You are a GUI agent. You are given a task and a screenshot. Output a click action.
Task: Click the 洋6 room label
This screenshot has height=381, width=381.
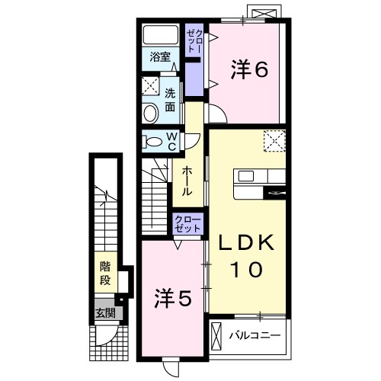pyautogui.click(x=248, y=70)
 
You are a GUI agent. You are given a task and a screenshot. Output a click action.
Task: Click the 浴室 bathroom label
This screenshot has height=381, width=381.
pyautogui.click(x=159, y=57)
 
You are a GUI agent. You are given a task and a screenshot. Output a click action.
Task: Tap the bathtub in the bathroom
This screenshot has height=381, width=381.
pyautogui.click(x=161, y=35)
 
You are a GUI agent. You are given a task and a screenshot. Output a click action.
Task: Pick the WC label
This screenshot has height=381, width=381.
pyautogui.click(x=171, y=141)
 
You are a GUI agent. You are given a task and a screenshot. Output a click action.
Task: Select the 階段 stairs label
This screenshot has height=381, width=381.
pyautogui.click(x=106, y=274)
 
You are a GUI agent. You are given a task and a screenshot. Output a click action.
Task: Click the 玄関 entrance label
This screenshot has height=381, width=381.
pyautogui.click(x=105, y=312)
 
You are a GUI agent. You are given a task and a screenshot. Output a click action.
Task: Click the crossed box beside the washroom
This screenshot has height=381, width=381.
pyautogui.click(x=149, y=85)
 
